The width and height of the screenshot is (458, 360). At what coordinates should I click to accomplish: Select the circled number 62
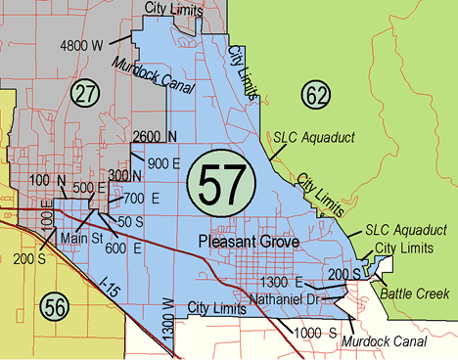click(316, 95)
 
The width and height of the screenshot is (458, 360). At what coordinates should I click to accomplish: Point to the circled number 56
click(55, 305)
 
